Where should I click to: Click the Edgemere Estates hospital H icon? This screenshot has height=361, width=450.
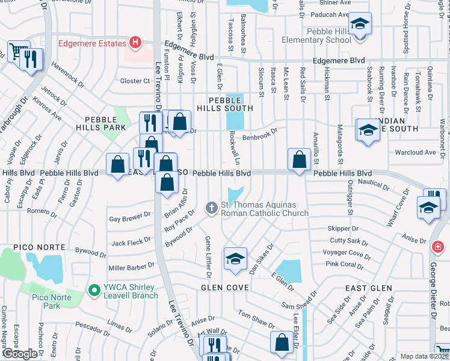tap(135, 43)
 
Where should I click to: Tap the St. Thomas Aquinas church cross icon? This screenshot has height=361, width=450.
tap(211, 208)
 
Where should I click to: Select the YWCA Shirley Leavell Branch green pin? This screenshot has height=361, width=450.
tap(93, 291)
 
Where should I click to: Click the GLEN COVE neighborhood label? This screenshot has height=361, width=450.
tap(224, 288)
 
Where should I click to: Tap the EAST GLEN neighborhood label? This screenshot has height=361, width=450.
tap(365, 289)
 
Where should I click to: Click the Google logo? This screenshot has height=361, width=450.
tap(19, 354)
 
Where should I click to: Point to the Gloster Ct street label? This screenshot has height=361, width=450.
tap(135, 81)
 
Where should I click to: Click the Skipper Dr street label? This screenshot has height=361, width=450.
tap(343, 229)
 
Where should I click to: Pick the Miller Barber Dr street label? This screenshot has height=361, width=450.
tap(131, 267)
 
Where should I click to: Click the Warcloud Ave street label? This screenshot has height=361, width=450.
tap(415, 152)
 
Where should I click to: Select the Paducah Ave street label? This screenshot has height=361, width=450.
tap(334, 14)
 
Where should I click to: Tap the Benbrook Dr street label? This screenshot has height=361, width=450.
tap(259, 135)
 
